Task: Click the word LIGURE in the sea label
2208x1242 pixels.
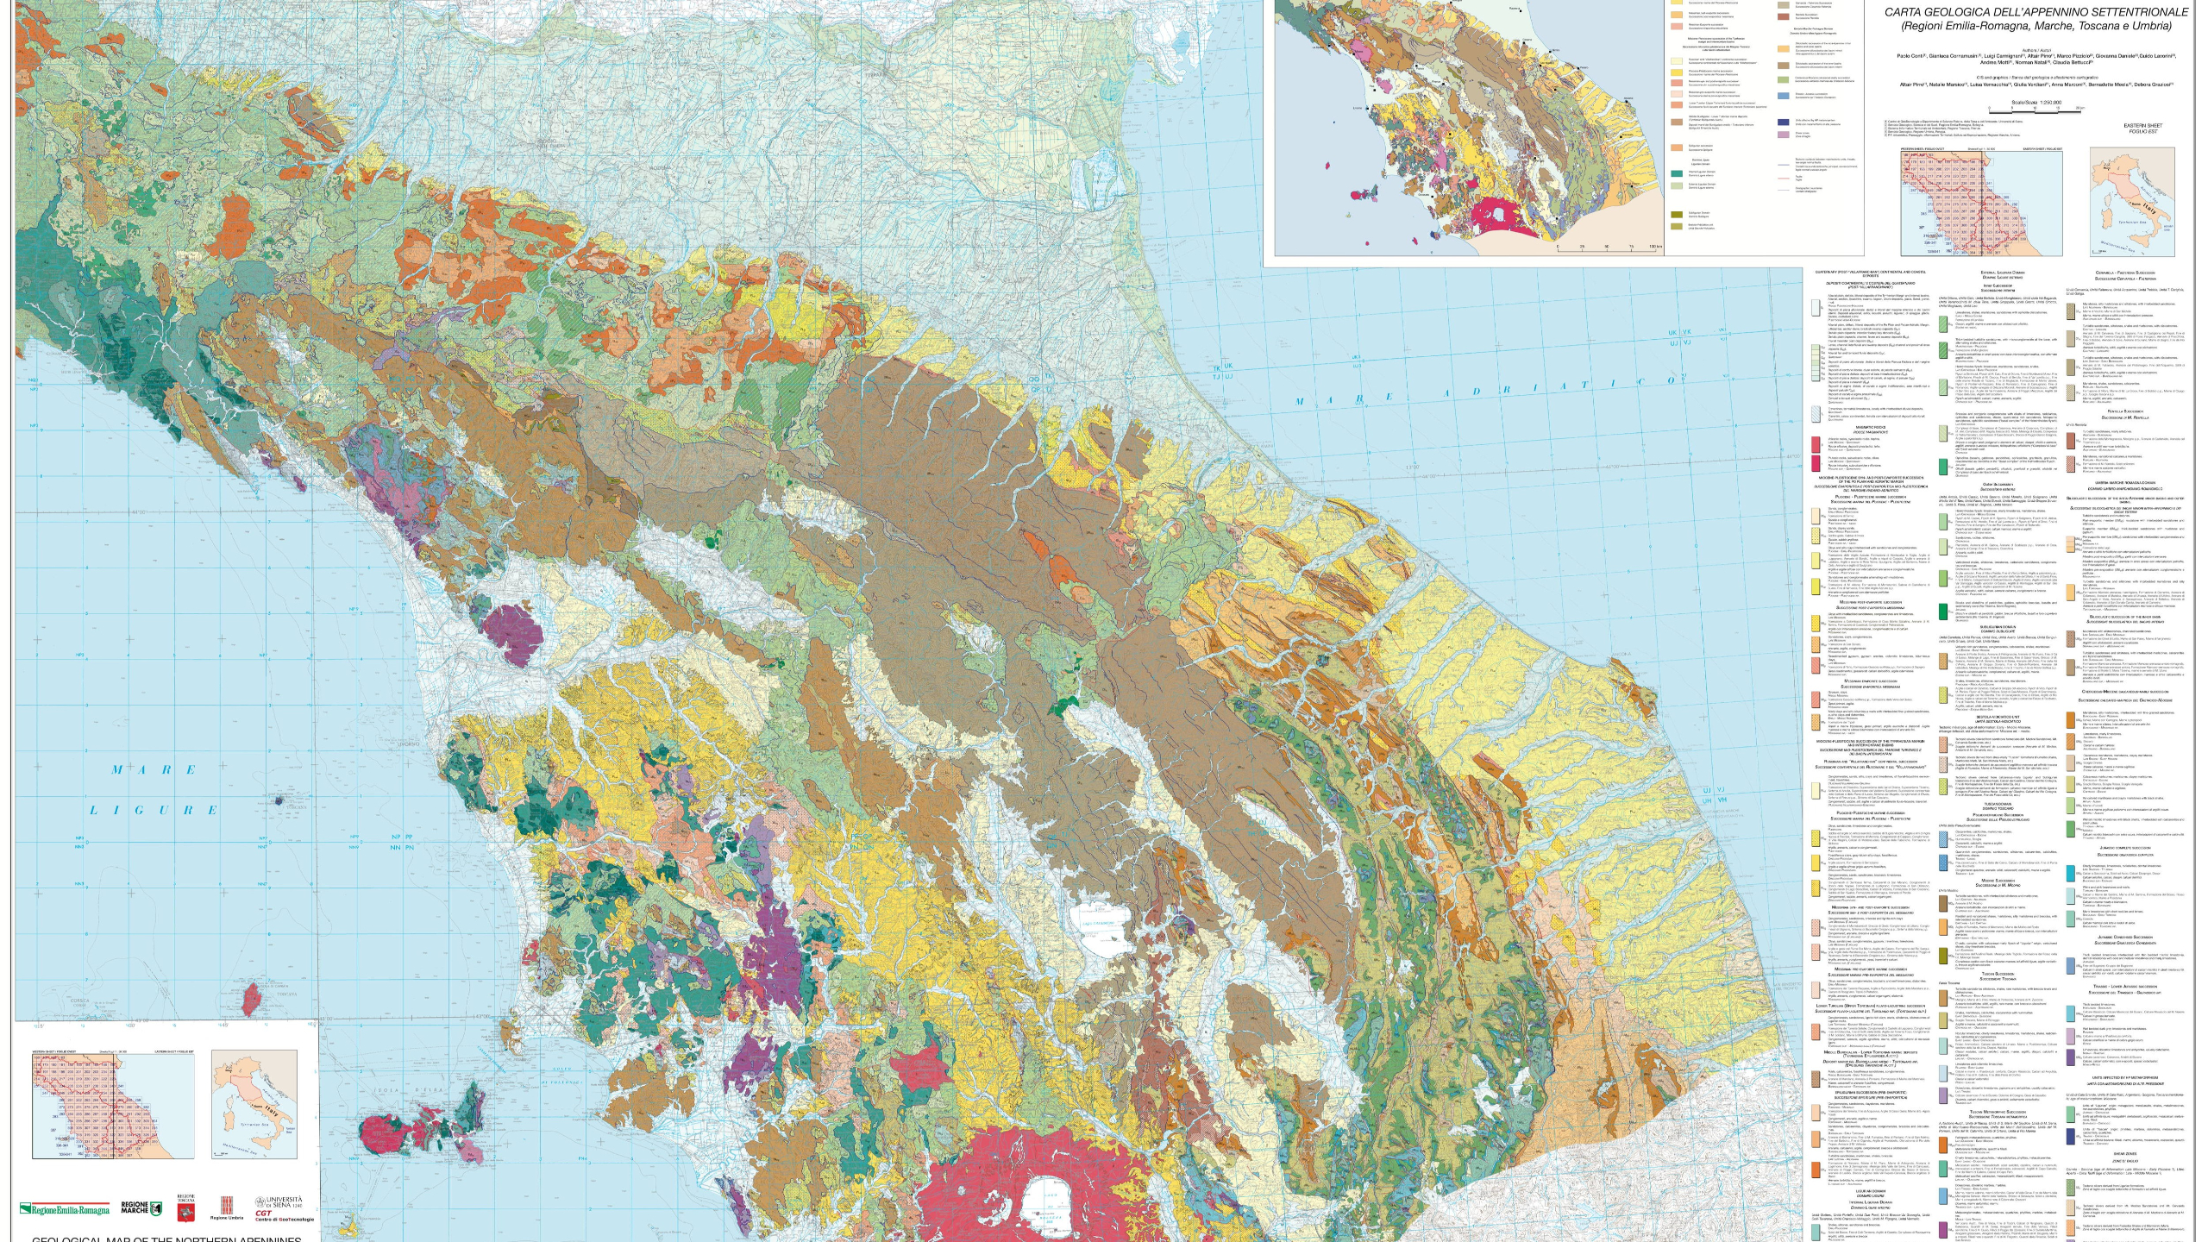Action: click(154, 810)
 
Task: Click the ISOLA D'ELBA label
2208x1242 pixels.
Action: click(417, 1091)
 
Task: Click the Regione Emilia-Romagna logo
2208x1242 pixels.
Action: click(66, 1209)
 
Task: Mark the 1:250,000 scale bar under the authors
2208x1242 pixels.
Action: click(2029, 110)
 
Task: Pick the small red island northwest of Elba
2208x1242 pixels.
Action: click(253, 1002)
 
